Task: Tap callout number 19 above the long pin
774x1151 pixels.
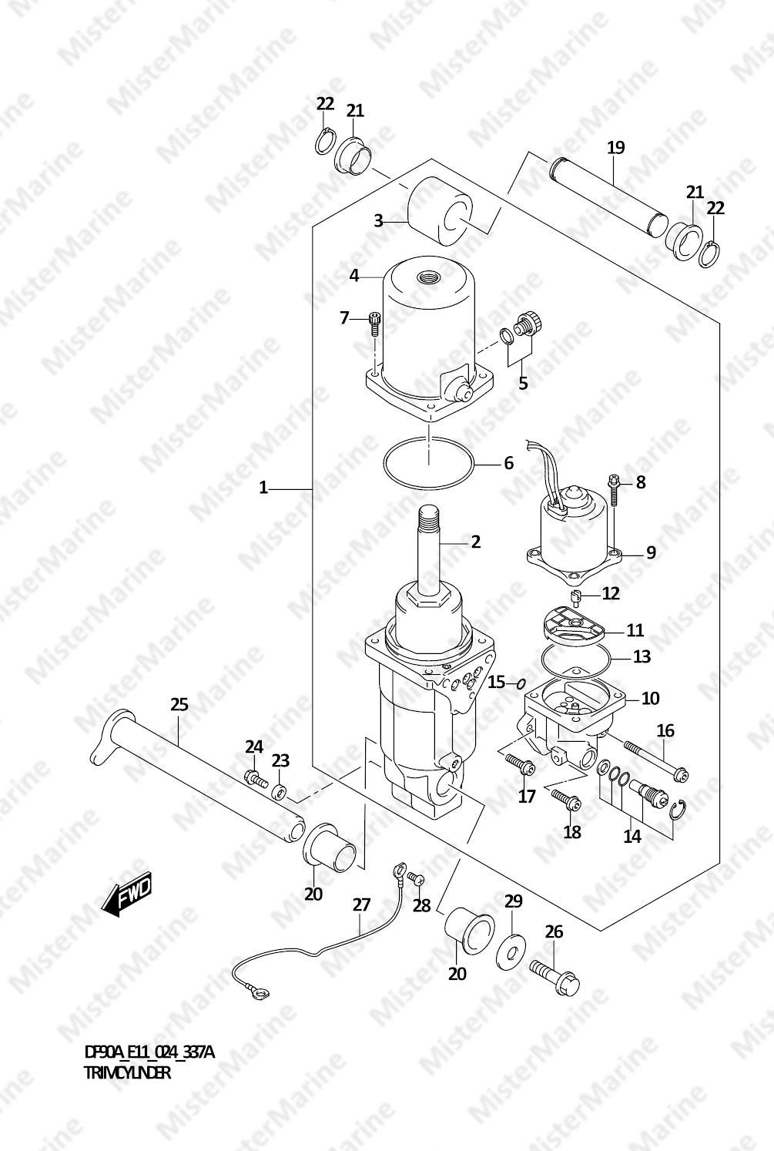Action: tap(616, 148)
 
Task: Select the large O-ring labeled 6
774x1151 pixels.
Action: tap(427, 463)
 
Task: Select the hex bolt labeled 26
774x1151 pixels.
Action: tap(555, 975)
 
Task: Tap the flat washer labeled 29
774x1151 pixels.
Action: tap(511, 951)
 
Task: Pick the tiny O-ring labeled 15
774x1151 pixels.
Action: tap(521, 683)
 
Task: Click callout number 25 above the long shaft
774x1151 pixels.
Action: tap(179, 704)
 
